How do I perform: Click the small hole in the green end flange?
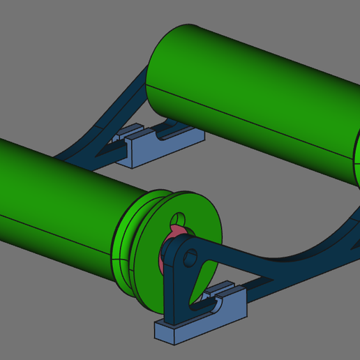(x=180, y=218)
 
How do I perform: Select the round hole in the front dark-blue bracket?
(x=189, y=259)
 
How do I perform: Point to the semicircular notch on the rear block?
(x=167, y=134)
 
